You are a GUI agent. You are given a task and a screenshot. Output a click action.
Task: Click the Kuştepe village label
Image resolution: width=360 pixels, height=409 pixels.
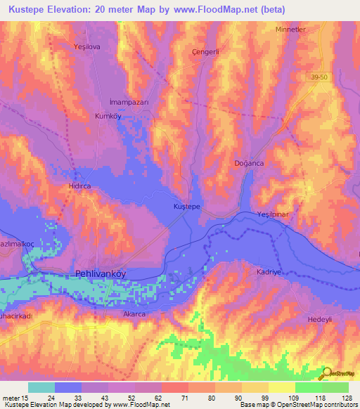(x=188, y=207)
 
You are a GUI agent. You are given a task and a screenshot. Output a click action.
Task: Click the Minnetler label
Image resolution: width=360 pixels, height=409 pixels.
(x=293, y=30)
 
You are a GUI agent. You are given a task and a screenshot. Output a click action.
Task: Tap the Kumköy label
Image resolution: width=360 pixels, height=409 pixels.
(x=108, y=117)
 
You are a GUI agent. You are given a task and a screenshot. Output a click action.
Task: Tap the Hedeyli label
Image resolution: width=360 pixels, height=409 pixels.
(x=321, y=319)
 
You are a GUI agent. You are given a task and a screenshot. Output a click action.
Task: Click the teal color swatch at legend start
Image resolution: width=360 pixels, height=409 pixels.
(x=41, y=387)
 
